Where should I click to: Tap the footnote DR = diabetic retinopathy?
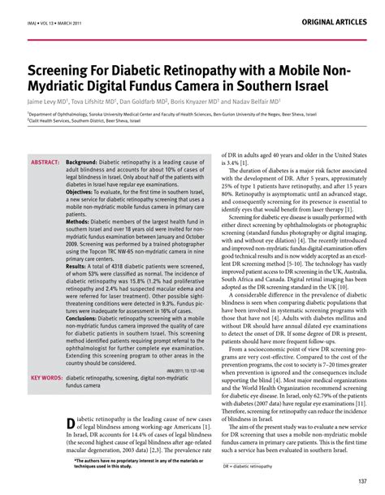(x=249, y=467)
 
